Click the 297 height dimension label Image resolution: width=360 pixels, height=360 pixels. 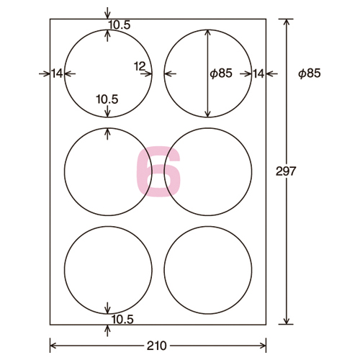(286, 171)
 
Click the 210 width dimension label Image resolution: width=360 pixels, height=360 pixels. (156, 346)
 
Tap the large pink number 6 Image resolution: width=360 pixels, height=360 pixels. (158, 171)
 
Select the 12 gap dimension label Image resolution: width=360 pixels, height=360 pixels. (140, 66)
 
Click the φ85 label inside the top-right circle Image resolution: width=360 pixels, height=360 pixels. (221, 73)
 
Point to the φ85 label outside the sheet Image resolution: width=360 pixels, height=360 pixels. (310, 73)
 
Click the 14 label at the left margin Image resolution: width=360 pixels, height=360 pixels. (57, 73)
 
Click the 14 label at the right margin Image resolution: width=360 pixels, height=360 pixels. (258, 73)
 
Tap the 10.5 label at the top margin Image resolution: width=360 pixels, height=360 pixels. (120, 24)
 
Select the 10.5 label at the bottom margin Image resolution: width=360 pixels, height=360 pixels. (122, 320)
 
